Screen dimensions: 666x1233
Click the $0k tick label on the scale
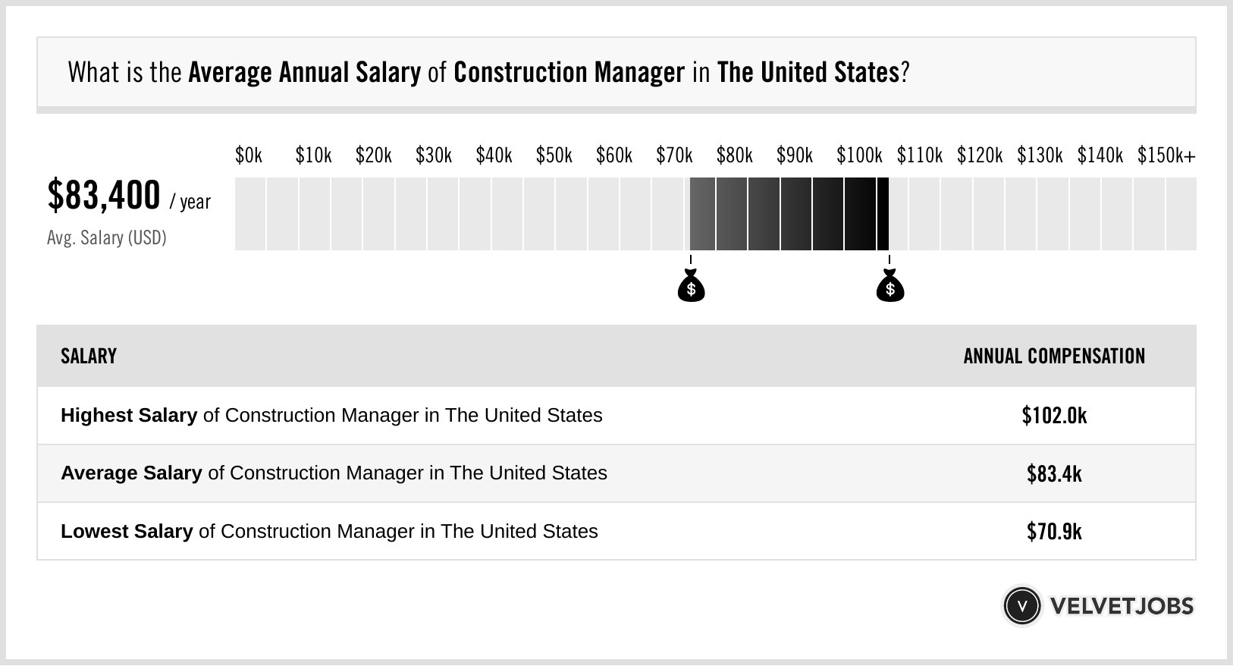(x=249, y=156)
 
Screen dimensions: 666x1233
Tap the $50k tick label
(x=554, y=156)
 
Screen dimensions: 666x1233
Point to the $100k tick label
(x=859, y=156)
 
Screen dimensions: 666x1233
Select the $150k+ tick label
(x=1166, y=156)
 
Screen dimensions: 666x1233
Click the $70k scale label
(x=674, y=156)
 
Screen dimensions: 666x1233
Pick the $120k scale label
(x=979, y=156)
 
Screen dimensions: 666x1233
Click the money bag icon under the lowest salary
(x=691, y=287)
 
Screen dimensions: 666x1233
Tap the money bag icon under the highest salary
(x=889, y=287)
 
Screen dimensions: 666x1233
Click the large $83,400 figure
(x=104, y=196)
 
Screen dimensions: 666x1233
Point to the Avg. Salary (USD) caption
(x=106, y=238)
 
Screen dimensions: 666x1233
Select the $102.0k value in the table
(x=1054, y=416)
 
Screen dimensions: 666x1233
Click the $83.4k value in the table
(x=1054, y=473)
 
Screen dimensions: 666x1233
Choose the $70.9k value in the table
(x=1054, y=531)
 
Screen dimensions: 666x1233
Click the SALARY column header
(x=89, y=357)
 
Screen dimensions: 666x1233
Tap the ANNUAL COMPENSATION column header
(x=1054, y=357)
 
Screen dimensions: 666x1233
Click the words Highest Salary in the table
(x=129, y=416)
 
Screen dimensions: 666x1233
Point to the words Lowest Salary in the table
(x=127, y=531)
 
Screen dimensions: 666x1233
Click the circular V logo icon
(x=1021, y=605)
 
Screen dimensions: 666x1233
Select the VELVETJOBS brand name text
(x=1122, y=606)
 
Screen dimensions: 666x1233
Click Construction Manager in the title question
(x=569, y=73)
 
